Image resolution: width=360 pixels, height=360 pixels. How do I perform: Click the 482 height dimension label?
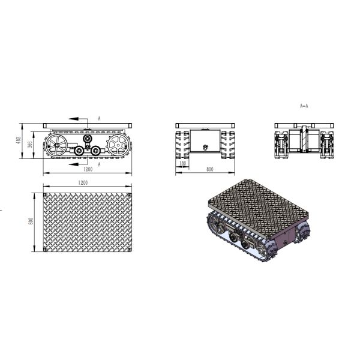pyautogui.click(x=19, y=140)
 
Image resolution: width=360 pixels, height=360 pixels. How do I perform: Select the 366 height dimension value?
pyautogui.click(x=30, y=145)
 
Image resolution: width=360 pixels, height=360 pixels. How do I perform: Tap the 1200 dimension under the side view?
pyautogui.click(x=88, y=169)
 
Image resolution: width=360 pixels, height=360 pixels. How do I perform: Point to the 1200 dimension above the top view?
pyautogui.click(x=83, y=183)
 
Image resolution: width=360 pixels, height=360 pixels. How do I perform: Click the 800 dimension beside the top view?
pyautogui.click(x=31, y=221)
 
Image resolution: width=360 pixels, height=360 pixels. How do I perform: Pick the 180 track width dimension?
pyautogui.click(x=182, y=163)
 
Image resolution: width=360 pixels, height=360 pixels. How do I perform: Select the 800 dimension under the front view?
pyautogui.click(x=210, y=169)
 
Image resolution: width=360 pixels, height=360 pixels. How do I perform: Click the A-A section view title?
pyautogui.click(x=304, y=106)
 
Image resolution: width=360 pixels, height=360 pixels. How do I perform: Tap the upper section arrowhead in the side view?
pyautogui.click(x=73, y=119)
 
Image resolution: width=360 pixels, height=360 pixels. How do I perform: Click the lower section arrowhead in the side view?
pyautogui.click(x=73, y=164)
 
